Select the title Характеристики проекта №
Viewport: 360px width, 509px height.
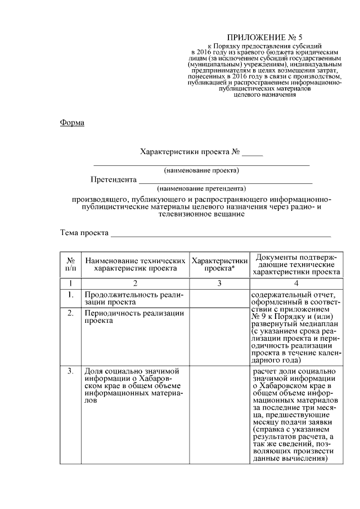(x=191, y=152)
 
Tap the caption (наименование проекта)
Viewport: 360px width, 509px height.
(x=201, y=170)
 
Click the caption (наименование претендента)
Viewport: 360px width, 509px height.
(x=201, y=188)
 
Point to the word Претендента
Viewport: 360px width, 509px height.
(x=114, y=180)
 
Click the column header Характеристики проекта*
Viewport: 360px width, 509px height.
(x=219, y=264)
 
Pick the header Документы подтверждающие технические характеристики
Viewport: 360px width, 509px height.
(x=296, y=264)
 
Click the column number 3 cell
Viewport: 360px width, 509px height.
(x=219, y=283)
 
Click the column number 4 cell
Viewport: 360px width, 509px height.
(x=296, y=283)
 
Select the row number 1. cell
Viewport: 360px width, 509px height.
(x=71, y=294)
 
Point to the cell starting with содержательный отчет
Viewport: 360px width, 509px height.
(x=295, y=327)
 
